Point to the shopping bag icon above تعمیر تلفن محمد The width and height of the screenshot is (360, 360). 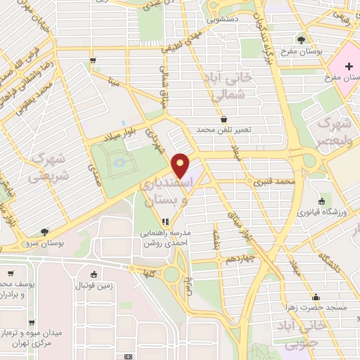click(x=224, y=120)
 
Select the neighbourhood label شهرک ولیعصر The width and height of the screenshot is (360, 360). click(x=334, y=130)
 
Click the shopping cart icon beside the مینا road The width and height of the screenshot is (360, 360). click(x=94, y=61)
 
